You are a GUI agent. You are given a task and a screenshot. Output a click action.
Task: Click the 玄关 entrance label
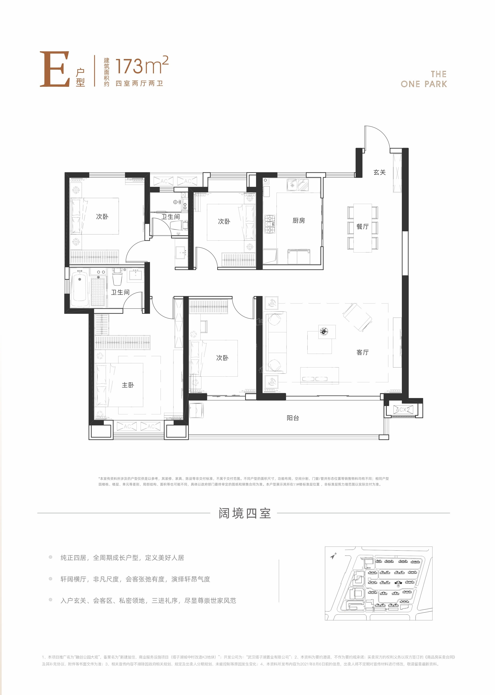click(x=379, y=172)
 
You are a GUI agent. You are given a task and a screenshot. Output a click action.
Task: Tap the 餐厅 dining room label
click(x=362, y=226)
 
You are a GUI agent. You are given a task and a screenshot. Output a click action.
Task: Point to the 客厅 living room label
click(x=362, y=352)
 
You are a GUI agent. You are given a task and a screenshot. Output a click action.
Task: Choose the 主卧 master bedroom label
click(x=128, y=385)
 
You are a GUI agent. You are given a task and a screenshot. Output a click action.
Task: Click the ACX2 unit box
click(x=403, y=410)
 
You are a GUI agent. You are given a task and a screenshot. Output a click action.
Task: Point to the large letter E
click(x=55, y=69)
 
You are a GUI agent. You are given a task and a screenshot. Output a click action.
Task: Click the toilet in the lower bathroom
click(x=117, y=276)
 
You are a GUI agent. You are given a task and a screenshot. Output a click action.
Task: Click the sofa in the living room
click(x=276, y=342)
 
